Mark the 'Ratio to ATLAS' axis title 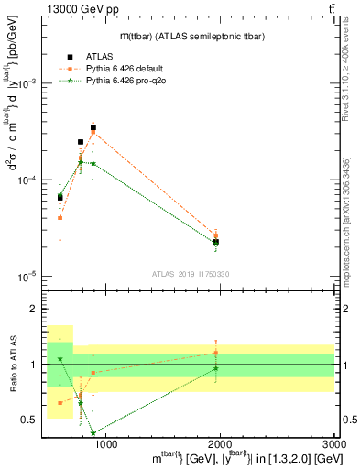(x=13, y=365)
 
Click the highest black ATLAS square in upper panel (x=93, y=128)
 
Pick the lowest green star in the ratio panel (x=93, y=433)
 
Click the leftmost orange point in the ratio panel (x=60, y=402)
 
